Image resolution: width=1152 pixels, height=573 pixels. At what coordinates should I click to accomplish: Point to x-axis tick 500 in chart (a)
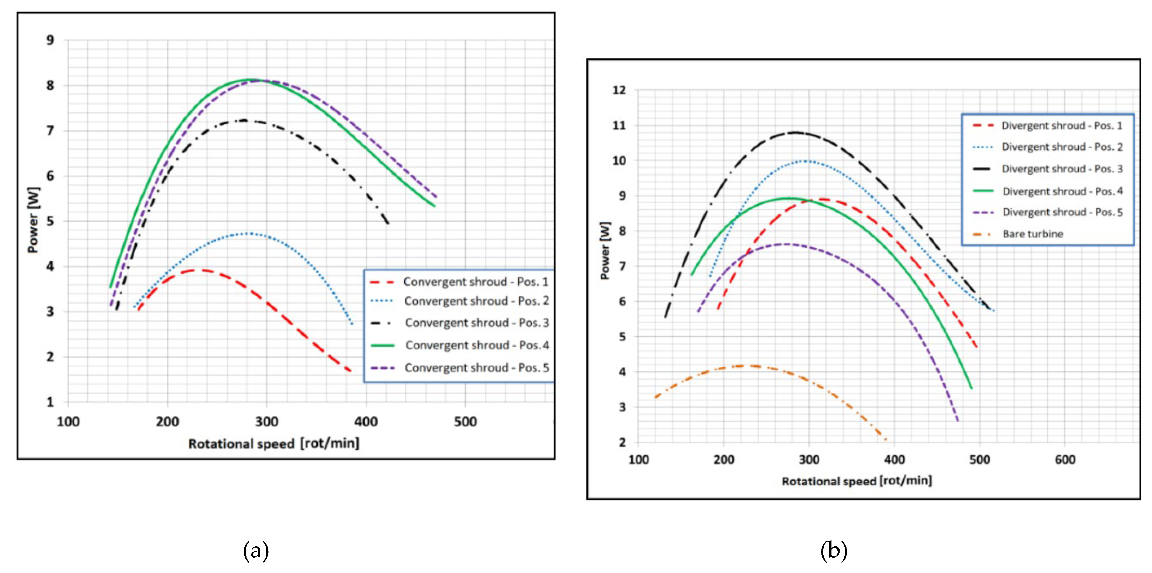click(x=465, y=422)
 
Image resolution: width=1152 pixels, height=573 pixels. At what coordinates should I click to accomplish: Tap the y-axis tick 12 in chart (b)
click(x=619, y=90)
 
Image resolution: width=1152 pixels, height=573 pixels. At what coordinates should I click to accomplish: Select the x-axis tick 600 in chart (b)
click(x=1065, y=459)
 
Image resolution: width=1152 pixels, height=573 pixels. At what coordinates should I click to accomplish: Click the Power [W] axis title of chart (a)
click(x=34, y=220)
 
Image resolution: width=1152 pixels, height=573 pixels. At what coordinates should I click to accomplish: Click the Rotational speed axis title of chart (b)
click(x=857, y=481)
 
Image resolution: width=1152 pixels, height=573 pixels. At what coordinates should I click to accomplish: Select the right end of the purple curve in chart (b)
click(x=958, y=421)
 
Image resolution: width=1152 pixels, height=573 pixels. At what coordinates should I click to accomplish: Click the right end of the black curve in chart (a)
click(x=388, y=224)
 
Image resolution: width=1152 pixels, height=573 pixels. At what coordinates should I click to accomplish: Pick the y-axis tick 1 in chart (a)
click(x=50, y=402)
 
